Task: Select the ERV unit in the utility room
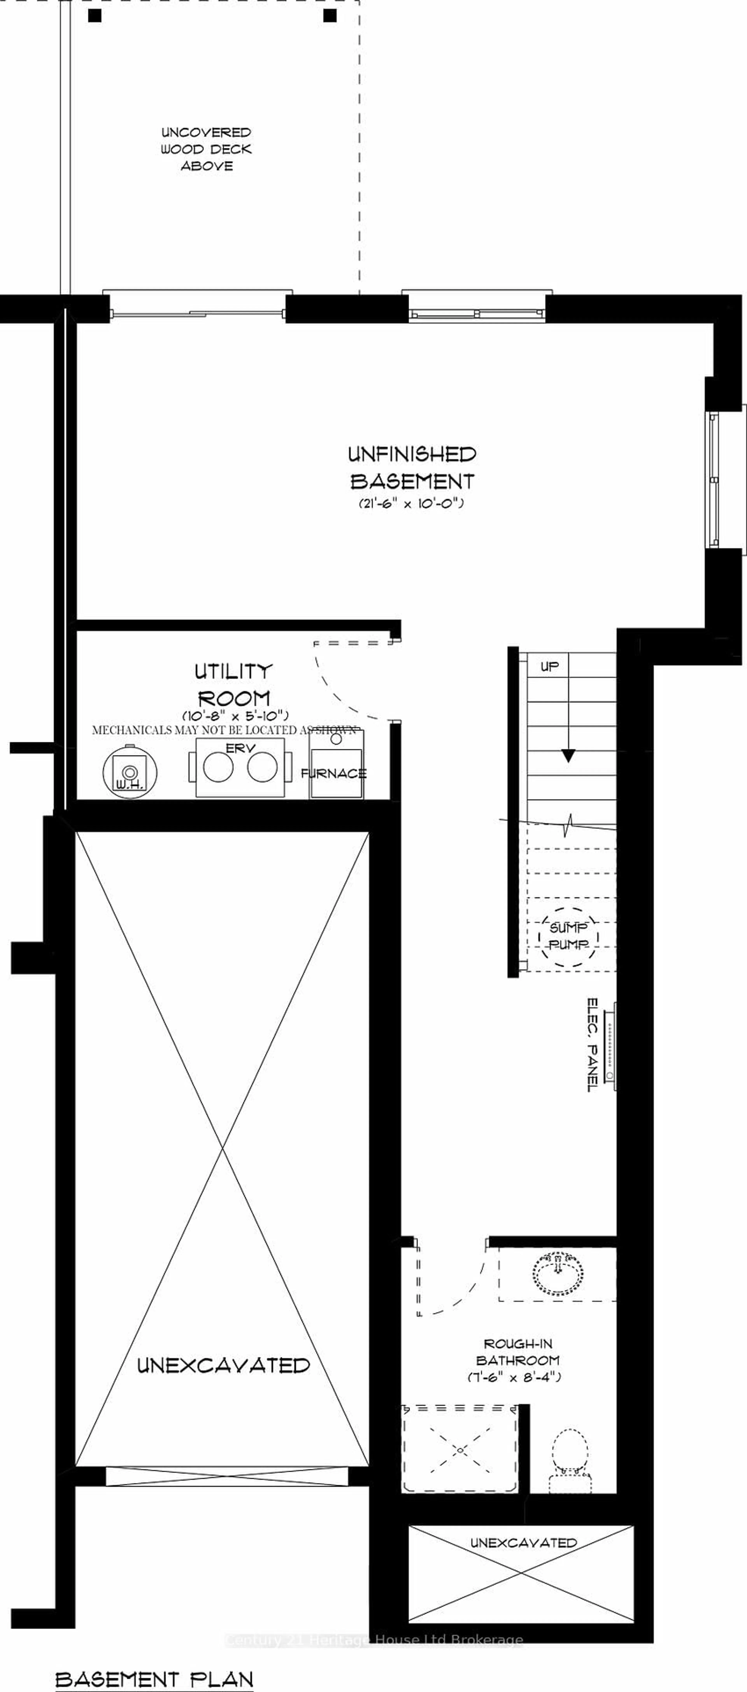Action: pos(240,767)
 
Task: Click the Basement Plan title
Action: pos(154,1674)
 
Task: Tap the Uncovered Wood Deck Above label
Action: pos(206,149)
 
